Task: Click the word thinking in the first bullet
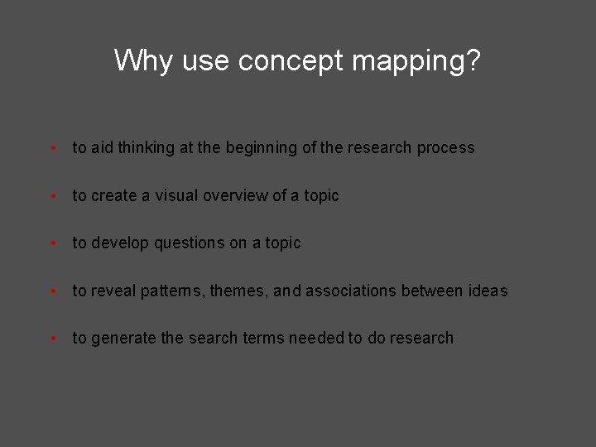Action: [146, 148]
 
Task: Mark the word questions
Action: [189, 243]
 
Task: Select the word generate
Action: [124, 339]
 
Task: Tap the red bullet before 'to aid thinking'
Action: [53, 149]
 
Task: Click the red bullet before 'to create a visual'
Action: [53, 197]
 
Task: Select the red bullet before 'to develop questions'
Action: [53, 244]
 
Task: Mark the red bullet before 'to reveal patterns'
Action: [53, 292]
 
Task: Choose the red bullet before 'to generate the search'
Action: [53, 339]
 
